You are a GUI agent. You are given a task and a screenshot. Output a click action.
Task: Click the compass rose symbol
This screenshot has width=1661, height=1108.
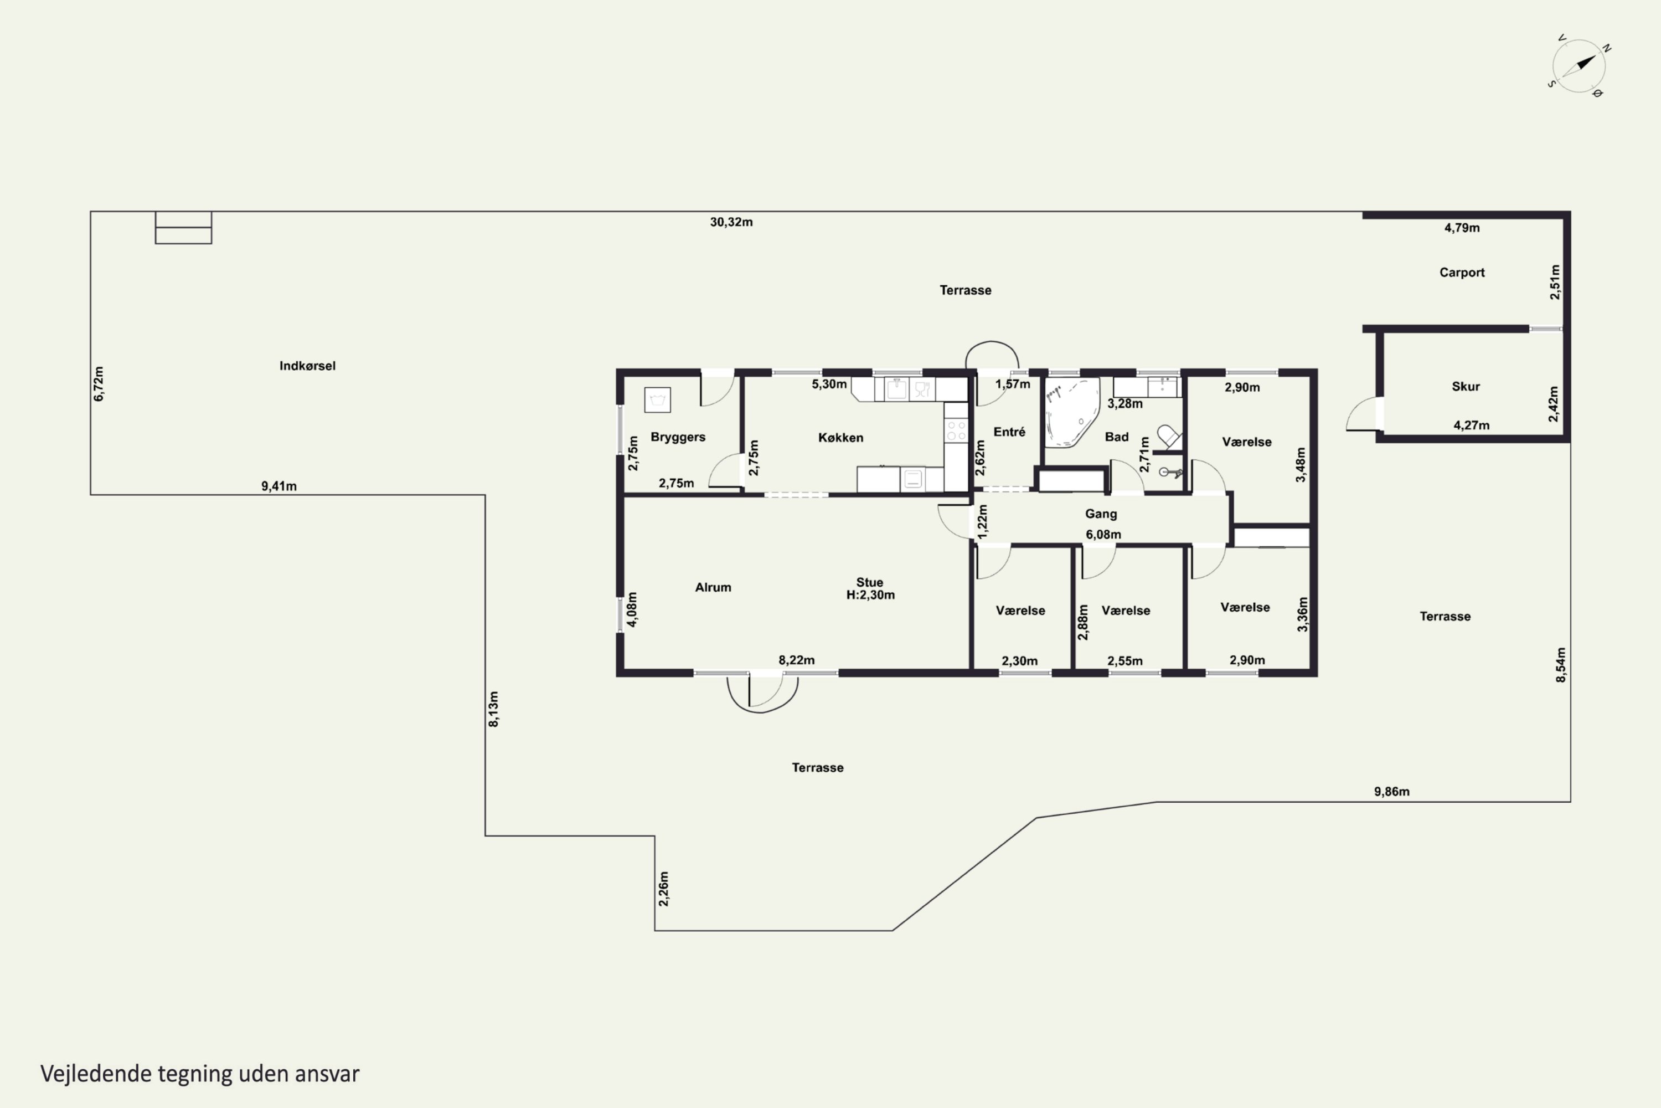1579,66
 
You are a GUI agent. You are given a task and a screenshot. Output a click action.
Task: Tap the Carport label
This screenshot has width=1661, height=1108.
1462,272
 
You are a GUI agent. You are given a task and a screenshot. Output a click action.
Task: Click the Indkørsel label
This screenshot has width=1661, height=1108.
307,365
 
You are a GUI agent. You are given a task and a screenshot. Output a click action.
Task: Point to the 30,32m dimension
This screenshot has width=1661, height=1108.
731,222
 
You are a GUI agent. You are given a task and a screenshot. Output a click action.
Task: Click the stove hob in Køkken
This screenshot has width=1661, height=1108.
956,430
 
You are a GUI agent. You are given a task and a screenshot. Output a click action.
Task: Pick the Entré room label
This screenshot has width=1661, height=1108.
1009,432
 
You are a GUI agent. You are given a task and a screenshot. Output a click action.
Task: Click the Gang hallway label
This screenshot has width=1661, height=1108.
1101,514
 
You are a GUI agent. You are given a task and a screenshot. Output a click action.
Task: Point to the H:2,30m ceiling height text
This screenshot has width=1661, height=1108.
870,595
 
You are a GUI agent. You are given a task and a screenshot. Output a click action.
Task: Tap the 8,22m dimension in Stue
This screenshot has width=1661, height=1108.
797,660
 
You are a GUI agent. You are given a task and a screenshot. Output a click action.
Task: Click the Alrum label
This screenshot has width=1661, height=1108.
713,587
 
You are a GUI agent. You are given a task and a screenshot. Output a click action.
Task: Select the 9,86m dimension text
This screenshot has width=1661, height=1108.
1391,792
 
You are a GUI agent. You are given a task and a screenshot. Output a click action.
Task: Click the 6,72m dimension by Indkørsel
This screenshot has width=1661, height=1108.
99,384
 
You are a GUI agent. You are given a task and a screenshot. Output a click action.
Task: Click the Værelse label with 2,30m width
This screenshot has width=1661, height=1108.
1020,611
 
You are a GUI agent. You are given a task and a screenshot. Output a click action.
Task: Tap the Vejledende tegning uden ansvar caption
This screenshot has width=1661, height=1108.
200,1074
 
